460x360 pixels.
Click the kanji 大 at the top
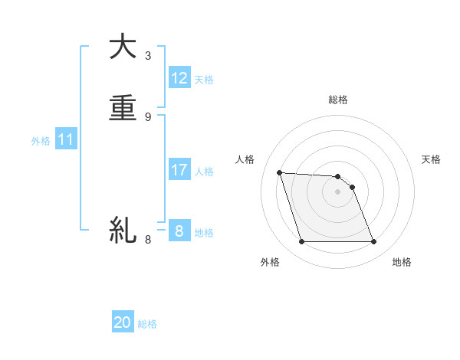[123, 47]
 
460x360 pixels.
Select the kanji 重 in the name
[123, 109]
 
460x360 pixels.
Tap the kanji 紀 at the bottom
[123, 229]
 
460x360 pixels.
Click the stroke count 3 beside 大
[148, 55]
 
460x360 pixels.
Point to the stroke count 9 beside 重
[148, 116]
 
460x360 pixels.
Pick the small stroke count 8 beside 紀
[148, 239]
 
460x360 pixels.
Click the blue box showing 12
[179, 78]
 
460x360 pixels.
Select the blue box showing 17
[179, 170]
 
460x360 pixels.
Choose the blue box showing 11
[66, 140]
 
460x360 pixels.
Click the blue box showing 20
[123, 322]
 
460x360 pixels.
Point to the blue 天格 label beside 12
[204, 80]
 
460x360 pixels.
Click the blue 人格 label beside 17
[204, 172]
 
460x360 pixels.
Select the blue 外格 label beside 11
[41, 141]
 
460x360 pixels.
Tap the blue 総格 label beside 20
[147, 324]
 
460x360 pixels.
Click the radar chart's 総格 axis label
[338, 100]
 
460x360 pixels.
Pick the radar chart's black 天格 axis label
[431, 159]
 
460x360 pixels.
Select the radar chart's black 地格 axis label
[402, 262]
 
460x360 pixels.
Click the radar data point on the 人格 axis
[279, 172]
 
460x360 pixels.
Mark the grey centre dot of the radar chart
[338, 192]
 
